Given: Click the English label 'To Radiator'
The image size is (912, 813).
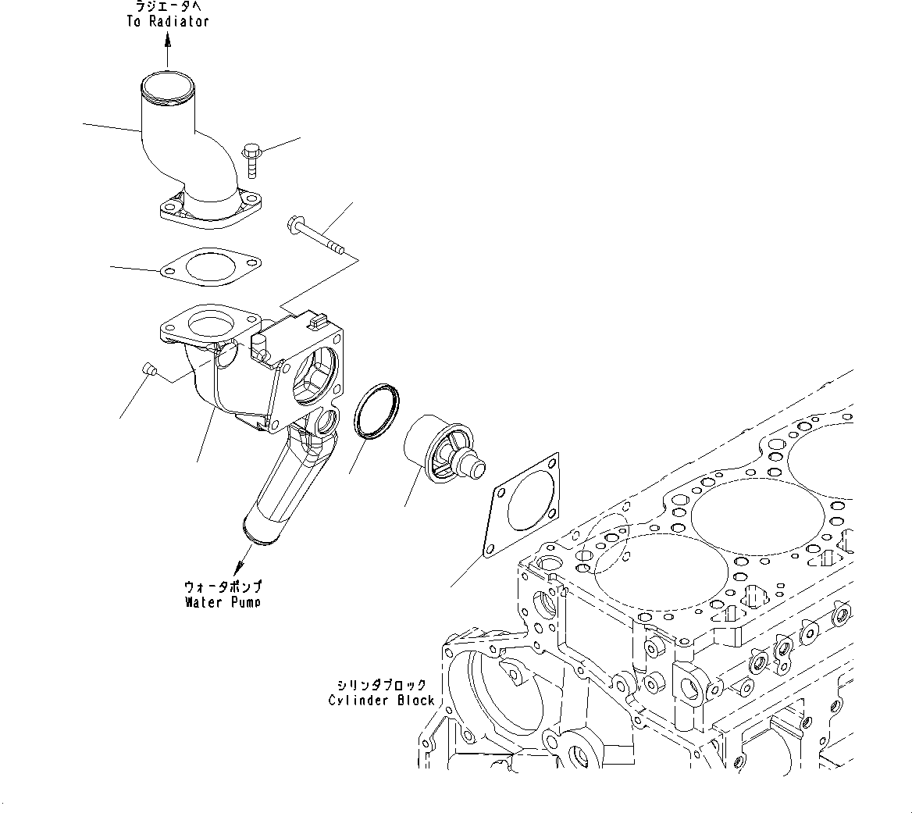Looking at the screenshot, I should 168,21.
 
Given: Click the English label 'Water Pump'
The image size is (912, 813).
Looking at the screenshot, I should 223,601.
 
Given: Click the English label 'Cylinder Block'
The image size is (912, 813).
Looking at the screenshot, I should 381,700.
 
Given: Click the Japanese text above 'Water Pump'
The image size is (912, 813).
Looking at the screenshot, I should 223,587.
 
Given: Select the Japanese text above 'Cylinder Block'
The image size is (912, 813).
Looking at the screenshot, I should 381,685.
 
